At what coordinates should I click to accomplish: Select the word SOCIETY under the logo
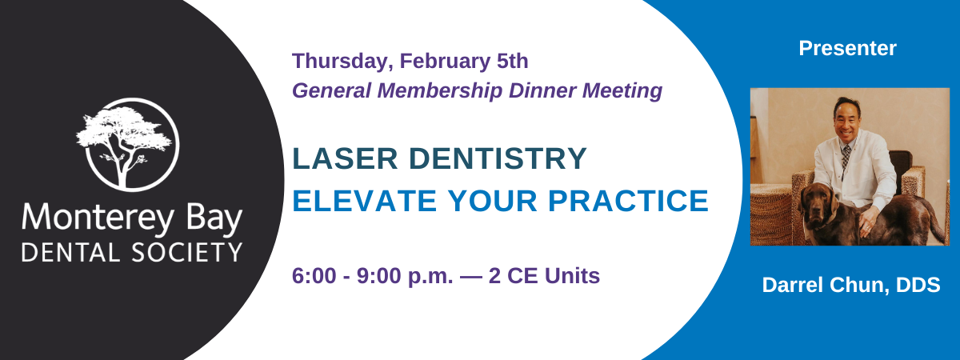pyautogui.click(x=187, y=253)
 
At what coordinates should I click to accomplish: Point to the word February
pyautogui.click(x=445, y=62)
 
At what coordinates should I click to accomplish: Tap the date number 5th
pyautogui.click(x=513, y=61)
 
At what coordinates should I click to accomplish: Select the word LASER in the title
pyautogui.click(x=346, y=158)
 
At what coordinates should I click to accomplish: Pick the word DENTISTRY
pyautogui.click(x=498, y=158)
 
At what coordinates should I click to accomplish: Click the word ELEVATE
pyautogui.click(x=365, y=201)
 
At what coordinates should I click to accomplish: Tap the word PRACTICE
pyautogui.click(x=628, y=201)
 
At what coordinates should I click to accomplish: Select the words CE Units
pyautogui.click(x=554, y=275)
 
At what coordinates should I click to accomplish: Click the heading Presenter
pyautogui.click(x=847, y=48)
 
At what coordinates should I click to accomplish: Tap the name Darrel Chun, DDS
pyautogui.click(x=851, y=285)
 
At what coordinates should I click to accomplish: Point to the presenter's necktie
pyautogui.click(x=846, y=159)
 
